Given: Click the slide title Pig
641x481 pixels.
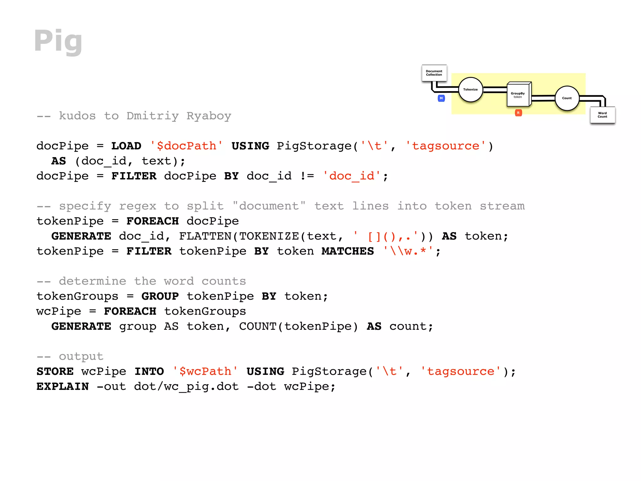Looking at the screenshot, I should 58,41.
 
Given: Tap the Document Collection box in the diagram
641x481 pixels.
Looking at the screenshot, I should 434,73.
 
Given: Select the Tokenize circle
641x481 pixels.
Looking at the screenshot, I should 470,90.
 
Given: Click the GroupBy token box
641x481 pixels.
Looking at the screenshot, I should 518,95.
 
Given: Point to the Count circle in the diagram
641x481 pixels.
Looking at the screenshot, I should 567,98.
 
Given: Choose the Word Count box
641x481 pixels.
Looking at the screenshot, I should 602,115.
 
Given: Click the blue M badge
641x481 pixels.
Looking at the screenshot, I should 441,98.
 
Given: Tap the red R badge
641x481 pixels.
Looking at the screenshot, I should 518,113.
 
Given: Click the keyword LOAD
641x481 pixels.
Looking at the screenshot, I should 126,146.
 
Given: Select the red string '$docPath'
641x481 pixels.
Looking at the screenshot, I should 186,146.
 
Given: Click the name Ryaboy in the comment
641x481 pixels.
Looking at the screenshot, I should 209,116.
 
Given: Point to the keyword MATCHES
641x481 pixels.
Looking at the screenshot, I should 347,251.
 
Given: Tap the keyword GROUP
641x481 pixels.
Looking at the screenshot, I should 160,296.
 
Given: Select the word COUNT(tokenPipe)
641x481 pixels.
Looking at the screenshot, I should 298,326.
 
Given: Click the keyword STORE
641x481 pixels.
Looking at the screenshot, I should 55,371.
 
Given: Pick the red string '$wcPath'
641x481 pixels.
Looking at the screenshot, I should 205,371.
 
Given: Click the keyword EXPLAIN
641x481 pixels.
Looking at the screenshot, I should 63,386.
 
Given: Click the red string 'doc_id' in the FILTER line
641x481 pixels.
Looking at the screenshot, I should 352,176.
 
